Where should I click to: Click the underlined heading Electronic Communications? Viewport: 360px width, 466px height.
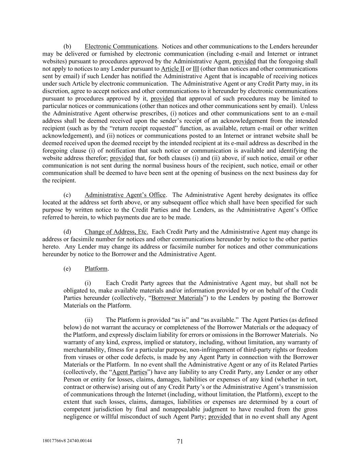pyautogui.click(x=121, y=46)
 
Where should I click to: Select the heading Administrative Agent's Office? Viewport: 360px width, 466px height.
pyautogui.click(x=125, y=195)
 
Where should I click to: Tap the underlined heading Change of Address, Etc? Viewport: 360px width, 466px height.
pyautogui.click(x=116, y=232)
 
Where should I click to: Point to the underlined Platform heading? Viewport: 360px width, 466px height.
pyautogui.click(x=96, y=269)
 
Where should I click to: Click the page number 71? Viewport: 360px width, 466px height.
pyautogui.click(x=180, y=441)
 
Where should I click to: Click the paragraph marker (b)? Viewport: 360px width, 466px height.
pyautogui.click(x=67, y=46)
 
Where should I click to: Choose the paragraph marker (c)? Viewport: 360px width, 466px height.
pyautogui.click(x=67, y=195)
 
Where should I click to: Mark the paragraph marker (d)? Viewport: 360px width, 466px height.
pyautogui.click(x=67, y=232)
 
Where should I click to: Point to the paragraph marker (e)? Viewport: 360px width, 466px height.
pyautogui.click(x=67, y=269)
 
